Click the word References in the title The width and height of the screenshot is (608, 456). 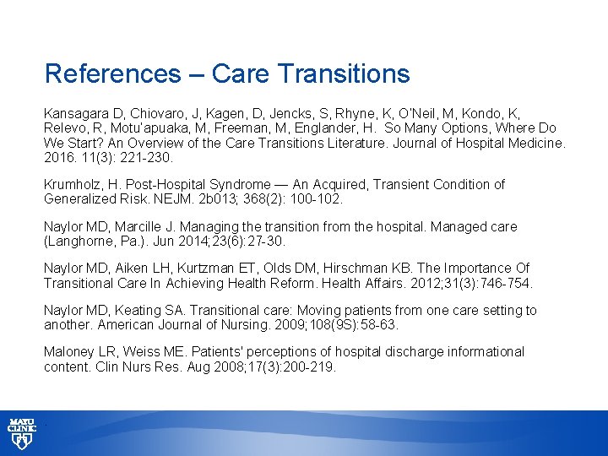click(112, 73)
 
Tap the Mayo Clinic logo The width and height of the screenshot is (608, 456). click(22, 432)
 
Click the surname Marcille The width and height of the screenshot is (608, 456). click(159, 226)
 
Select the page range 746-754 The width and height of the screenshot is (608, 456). click(503, 283)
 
